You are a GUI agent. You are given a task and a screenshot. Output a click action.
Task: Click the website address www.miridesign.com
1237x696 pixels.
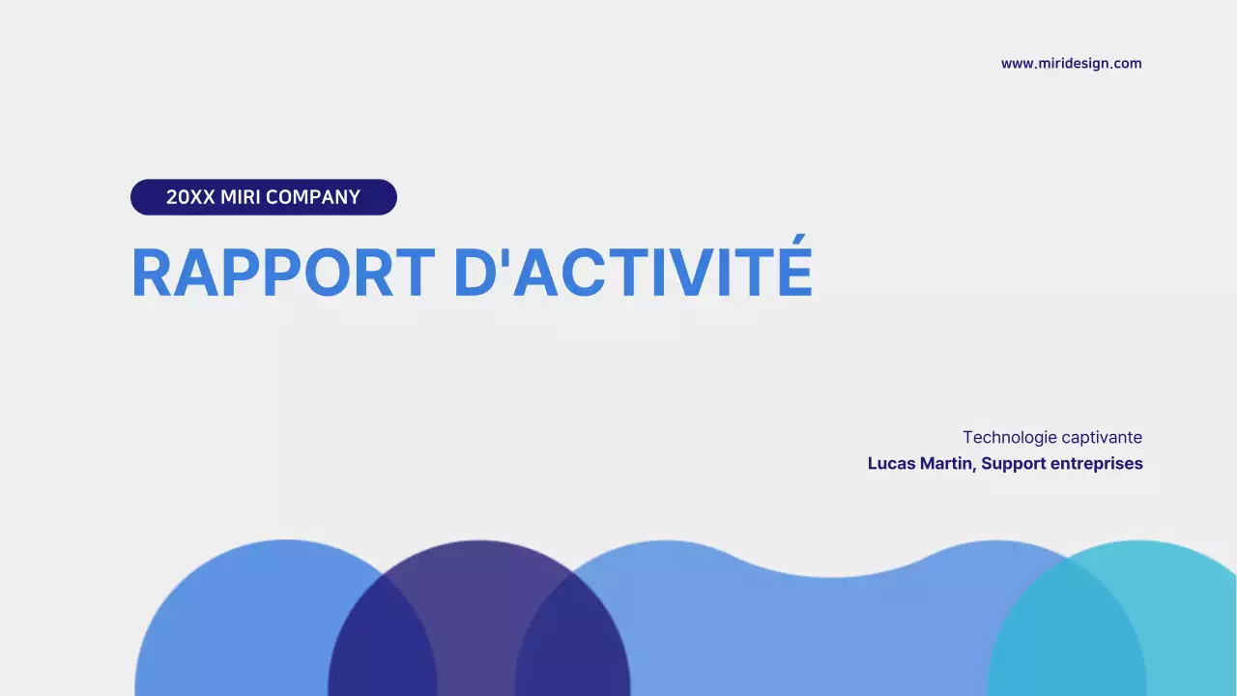[x=1071, y=64]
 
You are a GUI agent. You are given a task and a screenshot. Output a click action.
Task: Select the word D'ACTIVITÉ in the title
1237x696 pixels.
[x=633, y=274]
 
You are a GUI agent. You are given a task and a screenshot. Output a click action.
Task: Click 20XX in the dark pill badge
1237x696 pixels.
[x=190, y=197]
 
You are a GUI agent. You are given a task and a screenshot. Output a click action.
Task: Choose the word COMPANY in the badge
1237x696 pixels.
[x=313, y=197]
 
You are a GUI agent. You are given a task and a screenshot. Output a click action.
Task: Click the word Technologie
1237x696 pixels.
[x=1004, y=438]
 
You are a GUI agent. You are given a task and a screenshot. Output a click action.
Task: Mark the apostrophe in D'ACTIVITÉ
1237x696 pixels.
[x=503, y=256]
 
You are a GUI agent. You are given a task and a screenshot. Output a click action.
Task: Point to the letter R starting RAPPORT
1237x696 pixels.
[x=153, y=274]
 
